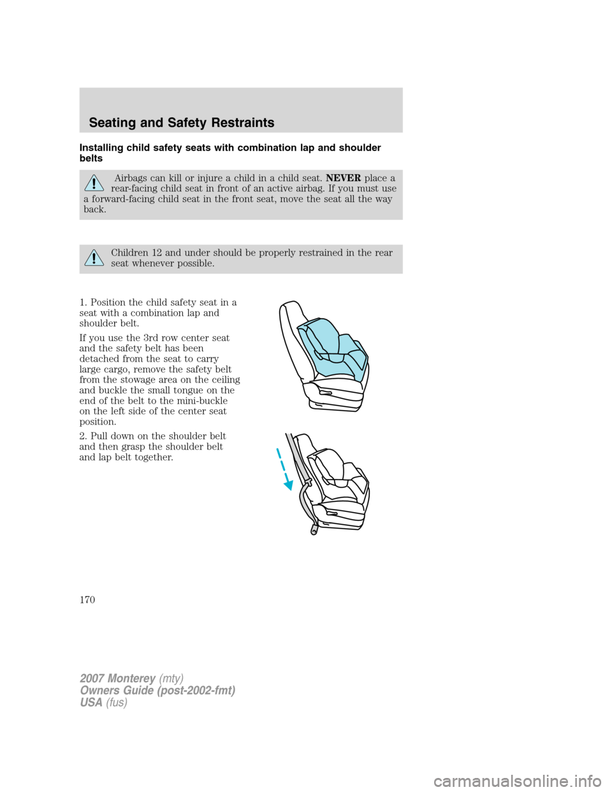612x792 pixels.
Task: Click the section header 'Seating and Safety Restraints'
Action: [x=182, y=122]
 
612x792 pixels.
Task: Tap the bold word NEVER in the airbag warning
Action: [x=343, y=178]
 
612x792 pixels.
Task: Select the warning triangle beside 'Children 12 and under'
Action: [x=94, y=258]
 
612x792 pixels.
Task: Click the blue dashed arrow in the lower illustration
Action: [x=284, y=469]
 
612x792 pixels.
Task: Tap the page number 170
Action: [x=87, y=599]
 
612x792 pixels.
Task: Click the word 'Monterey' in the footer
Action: [x=132, y=678]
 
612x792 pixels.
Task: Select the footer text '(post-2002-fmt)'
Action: [x=200, y=690]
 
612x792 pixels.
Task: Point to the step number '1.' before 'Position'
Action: [x=84, y=302]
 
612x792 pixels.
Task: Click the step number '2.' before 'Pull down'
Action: [x=84, y=436]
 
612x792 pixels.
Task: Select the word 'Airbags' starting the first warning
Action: [x=130, y=178]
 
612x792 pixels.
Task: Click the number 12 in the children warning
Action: [x=157, y=253]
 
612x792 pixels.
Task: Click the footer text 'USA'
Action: [x=91, y=702]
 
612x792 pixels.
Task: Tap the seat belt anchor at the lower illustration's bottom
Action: [x=314, y=529]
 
